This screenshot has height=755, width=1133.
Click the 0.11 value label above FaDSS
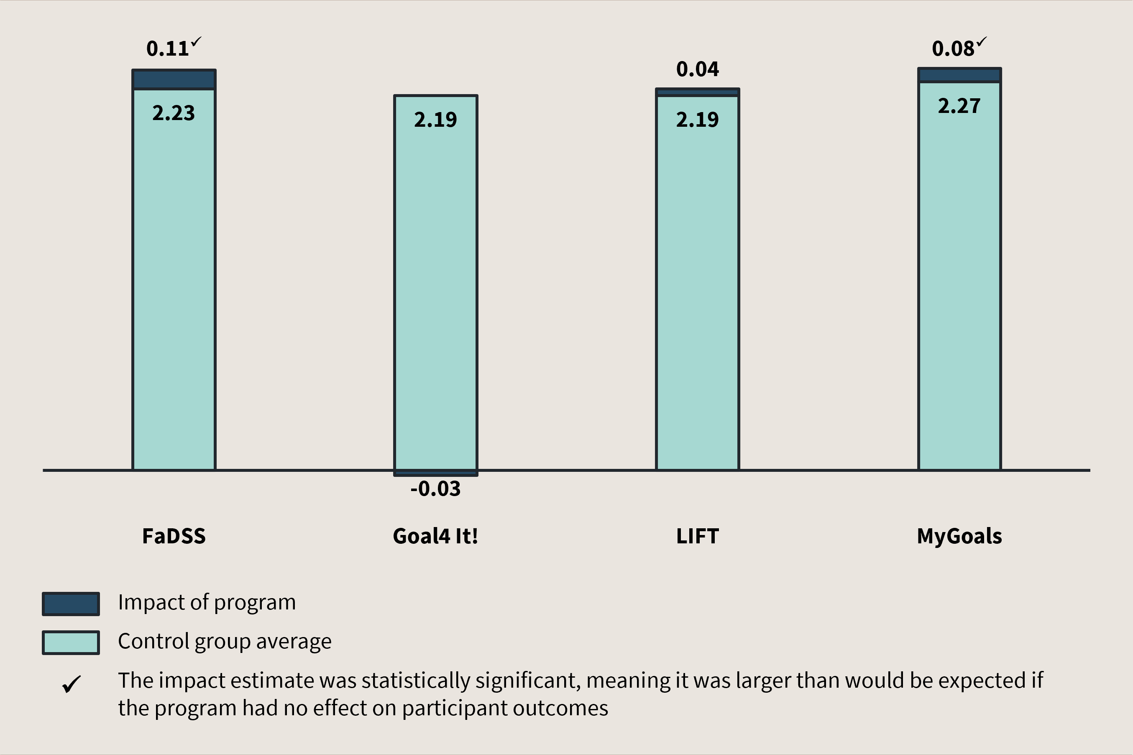coord(167,49)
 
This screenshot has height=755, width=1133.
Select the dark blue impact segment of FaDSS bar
coord(174,79)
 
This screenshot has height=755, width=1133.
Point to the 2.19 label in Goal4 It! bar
coord(435,119)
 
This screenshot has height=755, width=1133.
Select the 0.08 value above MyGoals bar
coord(953,49)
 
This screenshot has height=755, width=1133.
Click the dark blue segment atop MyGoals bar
coord(959,75)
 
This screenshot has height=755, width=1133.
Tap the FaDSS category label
coord(174,536)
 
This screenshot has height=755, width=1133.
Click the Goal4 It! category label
coord(435,536)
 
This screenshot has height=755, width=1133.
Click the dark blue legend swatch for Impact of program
coord(71,604)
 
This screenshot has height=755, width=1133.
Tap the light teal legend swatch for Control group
coord(71,642)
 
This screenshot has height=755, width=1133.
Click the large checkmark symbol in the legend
coord(72,684)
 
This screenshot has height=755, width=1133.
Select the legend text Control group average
coord(224,641)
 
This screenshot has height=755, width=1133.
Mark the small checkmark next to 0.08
coord(981,42)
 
